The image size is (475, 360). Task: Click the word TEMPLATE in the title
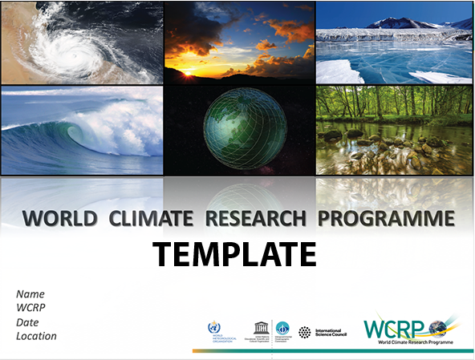coord(235,254)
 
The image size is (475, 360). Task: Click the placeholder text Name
coord(30,294)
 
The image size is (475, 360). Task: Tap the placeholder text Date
coord(28,322)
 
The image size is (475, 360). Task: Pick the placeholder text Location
coord(37,336)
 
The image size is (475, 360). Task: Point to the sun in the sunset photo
coord(189,72)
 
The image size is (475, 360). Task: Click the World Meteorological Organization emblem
coord(213,327)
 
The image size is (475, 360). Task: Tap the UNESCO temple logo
coord(260,327)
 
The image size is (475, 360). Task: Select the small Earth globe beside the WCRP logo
coord(438,327)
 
